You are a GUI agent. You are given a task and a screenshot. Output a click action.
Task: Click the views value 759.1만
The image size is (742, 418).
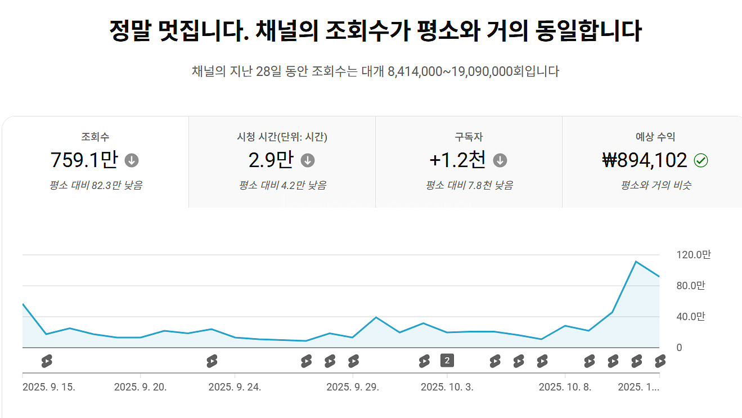84,160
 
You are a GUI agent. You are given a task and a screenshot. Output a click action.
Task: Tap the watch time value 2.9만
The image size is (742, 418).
271,160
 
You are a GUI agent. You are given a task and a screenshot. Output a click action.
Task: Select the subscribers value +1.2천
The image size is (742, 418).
457,160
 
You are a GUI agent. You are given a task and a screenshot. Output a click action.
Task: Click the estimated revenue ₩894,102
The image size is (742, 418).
644,160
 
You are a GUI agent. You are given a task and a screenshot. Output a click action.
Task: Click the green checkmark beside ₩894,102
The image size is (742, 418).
701,161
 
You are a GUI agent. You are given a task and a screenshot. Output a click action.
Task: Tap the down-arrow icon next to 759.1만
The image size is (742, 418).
132,161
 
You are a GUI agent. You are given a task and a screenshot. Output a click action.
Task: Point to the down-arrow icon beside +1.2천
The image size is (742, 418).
500,161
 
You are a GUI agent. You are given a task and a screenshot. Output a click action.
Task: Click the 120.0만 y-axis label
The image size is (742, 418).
693,255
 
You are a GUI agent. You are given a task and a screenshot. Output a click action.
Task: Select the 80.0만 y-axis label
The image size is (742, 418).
690,286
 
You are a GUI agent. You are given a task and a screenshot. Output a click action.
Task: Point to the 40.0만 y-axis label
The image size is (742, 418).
690,317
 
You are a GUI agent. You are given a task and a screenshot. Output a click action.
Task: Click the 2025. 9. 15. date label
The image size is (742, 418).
49,387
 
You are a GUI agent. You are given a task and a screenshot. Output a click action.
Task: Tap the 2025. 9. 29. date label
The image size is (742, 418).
353,387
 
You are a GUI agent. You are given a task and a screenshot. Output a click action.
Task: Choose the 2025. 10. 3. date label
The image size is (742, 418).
447,387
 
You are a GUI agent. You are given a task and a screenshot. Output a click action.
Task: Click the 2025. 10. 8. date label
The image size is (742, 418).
565,387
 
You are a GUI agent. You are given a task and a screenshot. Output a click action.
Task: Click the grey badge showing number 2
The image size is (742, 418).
447,361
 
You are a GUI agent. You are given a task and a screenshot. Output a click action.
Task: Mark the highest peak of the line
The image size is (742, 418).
636,262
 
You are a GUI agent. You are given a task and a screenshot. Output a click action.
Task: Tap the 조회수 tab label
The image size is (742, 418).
95,137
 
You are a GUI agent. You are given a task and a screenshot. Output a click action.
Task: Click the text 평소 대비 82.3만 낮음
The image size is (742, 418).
95,185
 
